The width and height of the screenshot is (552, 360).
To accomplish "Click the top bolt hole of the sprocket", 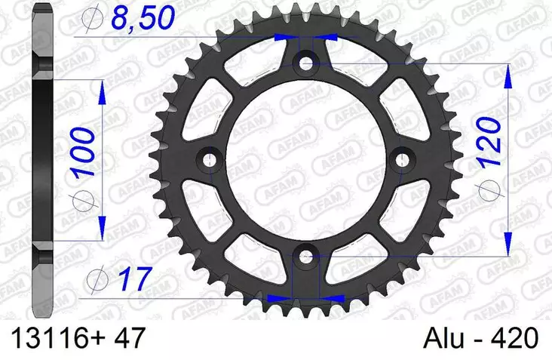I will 306,64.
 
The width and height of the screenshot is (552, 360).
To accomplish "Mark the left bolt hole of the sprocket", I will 210,159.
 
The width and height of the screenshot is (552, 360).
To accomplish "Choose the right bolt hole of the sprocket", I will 403,159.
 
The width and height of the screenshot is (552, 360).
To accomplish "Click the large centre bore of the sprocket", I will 306,161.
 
